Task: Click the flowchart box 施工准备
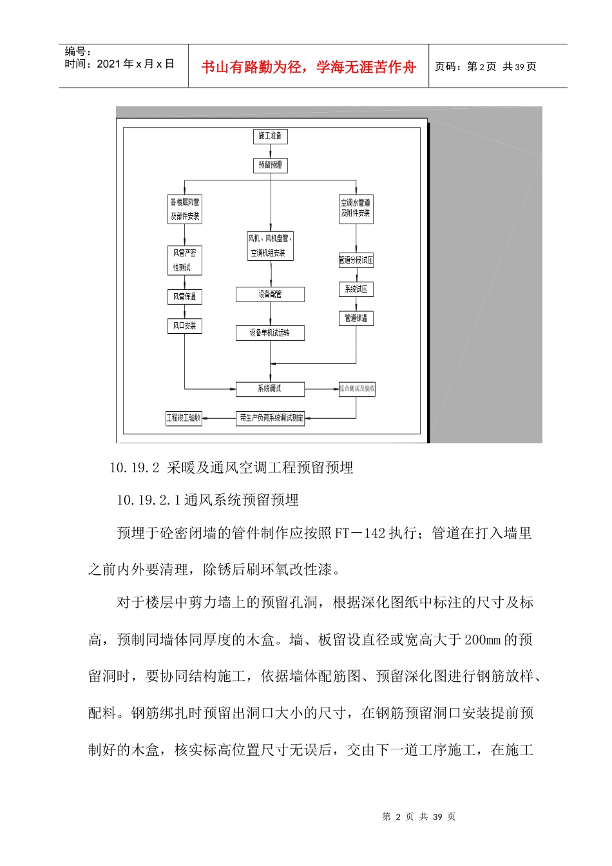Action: coord(270,137)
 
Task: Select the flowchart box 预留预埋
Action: coord(270,166)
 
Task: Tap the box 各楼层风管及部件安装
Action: coord(185,209)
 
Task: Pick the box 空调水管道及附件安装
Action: coord(356,209)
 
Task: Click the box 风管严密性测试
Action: coord(184,260)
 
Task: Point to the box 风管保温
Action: coord(184,297)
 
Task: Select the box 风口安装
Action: coord(184,326)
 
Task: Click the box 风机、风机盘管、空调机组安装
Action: coord(270,246)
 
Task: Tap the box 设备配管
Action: coord(270,294)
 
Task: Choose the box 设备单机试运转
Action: coord(270,333)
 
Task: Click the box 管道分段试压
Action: coord(356,260)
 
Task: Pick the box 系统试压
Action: coord(356,290)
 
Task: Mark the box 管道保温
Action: coord(356,318)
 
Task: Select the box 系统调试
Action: coord(270,389)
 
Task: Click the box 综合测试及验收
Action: coord(357,389)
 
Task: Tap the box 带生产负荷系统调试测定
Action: coord(271,418)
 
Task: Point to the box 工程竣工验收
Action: coord(184,418)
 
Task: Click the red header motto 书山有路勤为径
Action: coord(252,67)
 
